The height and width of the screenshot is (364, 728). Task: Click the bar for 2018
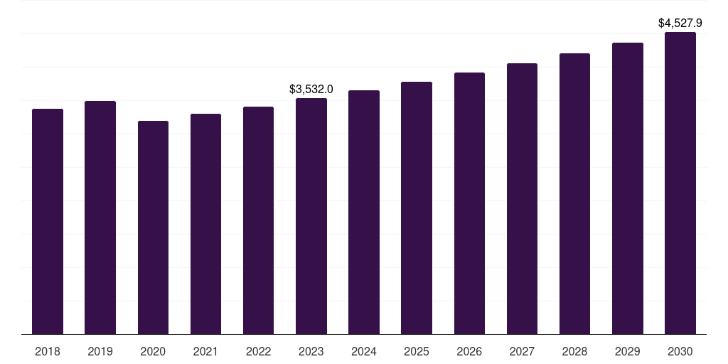pyautogui.click(x=48, y=221)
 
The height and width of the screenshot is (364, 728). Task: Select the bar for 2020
pyautogui.click(x=153, y=227)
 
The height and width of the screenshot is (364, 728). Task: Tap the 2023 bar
pyautogui.click(x=311, y=216)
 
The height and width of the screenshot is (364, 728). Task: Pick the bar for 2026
pyautogui.click(x=469, y=203)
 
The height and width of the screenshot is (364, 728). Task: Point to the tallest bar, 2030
pyautogui.click(x=680, y=183)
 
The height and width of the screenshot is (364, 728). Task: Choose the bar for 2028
pyautogui.click(x=574, y=193)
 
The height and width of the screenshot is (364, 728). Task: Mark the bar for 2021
pyautogui.click(x=205, y=224)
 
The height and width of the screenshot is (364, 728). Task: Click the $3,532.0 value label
pyautogui.click(x=311, y=89)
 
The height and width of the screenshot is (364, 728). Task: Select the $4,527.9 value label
pyautogui.click(x=680, y=23)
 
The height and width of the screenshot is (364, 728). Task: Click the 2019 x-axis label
pyautogui.click(x=100, y=351)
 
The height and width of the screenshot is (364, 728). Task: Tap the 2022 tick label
pyautogui.click(x=259, y=351)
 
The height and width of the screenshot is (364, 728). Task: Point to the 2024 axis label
pyautogui.click(x=364, y=351)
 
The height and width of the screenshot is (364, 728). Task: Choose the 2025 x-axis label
pyautogui.click(x=417, y=351)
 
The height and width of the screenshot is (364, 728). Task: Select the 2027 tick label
pyautogui.click(x=522, y=351)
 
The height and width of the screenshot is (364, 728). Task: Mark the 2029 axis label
pyautogui.click(x=628, y=351)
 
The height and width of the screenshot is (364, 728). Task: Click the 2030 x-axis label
pyautogui.click(x=680, y=351)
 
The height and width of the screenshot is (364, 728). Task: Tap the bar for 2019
pyautogui.click(x=100, y=218)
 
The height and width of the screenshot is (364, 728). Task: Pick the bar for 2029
pyautogui.click(x=628, y=188)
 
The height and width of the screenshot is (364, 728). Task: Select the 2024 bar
pyautogui.click(x=364, y=212)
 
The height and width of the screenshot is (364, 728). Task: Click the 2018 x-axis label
pyautogui.click(x=48, y=351)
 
